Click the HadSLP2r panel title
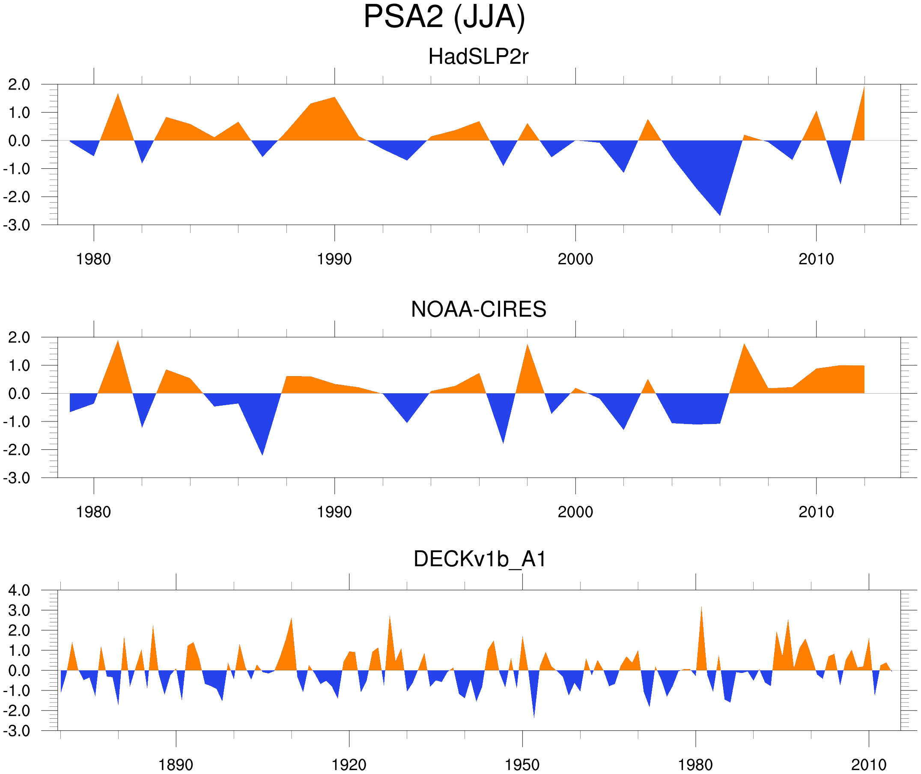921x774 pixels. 478,57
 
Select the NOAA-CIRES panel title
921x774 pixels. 478,309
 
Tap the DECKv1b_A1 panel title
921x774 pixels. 480,559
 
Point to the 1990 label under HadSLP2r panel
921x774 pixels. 334,259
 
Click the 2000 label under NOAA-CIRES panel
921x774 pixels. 575,512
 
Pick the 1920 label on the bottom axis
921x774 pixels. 349,765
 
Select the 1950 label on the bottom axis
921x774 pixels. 522,765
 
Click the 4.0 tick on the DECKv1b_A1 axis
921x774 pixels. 19,591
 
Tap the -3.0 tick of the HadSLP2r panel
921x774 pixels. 17,225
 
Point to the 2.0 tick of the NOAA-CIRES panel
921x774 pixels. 19,338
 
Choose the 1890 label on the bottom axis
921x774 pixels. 176,765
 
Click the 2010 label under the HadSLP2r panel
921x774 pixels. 816,259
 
